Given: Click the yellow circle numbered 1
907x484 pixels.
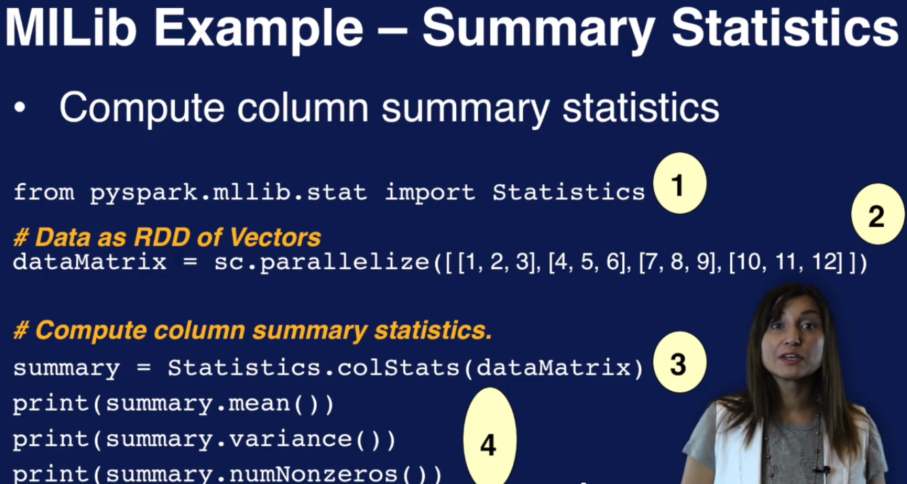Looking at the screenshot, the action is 680,184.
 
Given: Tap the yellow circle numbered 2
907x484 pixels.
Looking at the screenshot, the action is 878,214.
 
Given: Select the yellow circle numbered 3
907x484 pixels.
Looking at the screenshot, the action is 680,362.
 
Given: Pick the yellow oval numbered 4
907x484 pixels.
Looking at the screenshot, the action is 490,436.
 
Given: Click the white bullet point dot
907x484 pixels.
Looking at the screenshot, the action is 20,107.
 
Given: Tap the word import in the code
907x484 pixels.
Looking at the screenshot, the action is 430,192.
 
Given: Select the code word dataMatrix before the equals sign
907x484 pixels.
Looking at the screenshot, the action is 90,262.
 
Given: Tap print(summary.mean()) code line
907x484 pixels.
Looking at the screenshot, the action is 173,404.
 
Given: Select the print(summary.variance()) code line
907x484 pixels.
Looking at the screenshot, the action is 205,440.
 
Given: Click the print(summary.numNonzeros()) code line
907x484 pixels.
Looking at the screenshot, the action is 228,474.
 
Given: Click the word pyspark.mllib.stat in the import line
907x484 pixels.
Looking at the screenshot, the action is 228,192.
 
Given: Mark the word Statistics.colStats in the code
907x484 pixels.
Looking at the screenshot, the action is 314,368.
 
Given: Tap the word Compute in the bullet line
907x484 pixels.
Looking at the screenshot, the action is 141,108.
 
